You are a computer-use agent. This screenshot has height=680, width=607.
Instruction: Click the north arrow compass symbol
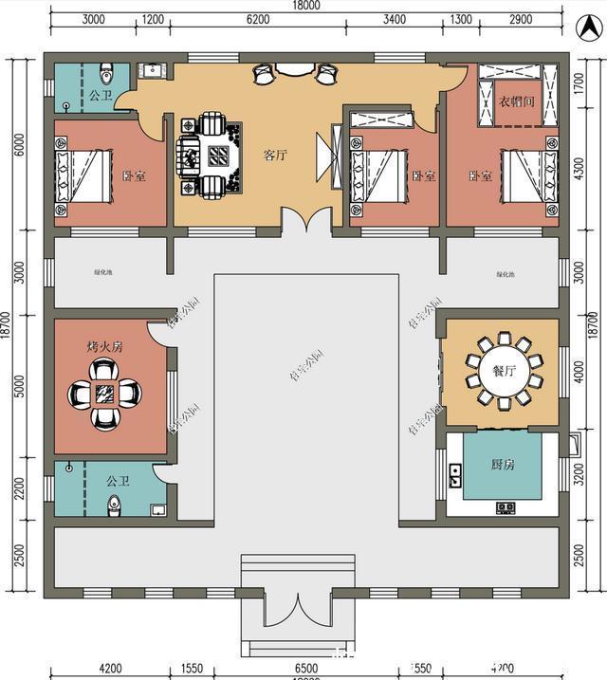point(585,27)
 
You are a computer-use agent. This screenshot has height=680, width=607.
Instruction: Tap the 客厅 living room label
point(275,155)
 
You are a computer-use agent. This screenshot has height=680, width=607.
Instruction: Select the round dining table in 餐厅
point(503,371)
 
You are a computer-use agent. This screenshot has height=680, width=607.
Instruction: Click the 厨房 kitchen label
point(503,465)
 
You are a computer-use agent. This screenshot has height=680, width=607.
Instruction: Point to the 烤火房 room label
point(104,347)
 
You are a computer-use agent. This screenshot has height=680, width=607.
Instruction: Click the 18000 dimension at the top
point(306,6)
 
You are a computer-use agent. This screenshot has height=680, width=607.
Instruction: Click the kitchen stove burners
point(506,507)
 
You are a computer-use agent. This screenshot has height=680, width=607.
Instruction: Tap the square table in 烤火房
point(104,391)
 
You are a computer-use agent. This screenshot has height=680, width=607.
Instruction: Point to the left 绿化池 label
point(103,273)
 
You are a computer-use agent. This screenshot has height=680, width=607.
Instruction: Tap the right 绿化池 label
point(505,275)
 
